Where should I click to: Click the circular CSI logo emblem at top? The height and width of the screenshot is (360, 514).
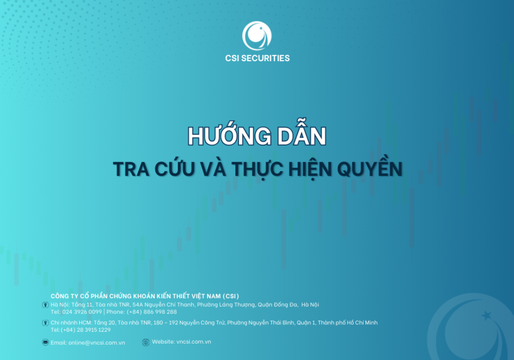(x=257, y=36)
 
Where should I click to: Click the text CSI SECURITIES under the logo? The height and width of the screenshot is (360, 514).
(x=257, y=58)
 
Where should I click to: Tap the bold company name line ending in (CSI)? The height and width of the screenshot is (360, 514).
(x=145, y=295)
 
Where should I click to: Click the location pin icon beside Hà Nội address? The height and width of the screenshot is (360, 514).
(x=45, y=304)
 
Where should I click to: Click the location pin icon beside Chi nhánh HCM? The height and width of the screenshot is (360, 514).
(x=45, y=322)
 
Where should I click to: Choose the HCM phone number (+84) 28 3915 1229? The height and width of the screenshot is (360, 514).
(x=85, y=330)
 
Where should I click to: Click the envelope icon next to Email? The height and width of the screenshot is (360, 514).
(x=45, y=342)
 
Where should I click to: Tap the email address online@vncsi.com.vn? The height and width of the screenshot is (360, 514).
(x=97, y=342)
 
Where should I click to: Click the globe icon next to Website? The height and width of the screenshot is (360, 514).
(x=145, y=342)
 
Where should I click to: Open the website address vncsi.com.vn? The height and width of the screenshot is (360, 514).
(x=194, y=342)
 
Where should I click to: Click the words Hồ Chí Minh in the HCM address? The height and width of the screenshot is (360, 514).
(x=360, y=322)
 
